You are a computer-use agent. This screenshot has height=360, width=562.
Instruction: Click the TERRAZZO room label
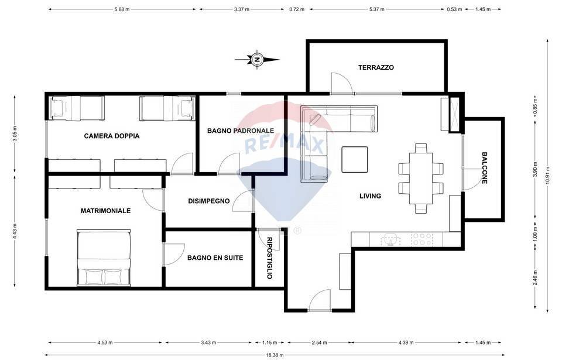[x=376, y=67]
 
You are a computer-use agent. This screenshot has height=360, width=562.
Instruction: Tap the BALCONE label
[x=485, y=168]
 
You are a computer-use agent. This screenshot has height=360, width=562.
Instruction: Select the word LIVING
[x=370, y=196]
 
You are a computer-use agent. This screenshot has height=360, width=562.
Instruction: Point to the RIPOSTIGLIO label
[x=269, y=258]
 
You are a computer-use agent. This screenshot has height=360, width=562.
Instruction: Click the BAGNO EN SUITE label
[x=215, y=258]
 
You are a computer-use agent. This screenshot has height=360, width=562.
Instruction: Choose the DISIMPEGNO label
[x=208, y=201]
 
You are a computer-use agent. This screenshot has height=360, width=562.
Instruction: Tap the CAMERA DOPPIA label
[x=112, y=136]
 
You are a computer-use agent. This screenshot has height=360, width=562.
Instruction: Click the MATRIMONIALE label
[x=105, y=211]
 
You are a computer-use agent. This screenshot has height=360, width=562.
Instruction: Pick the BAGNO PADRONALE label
[x=241, y=131]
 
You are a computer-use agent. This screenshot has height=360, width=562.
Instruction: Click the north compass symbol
[x=257, y=59]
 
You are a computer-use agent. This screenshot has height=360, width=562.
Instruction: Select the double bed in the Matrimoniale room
[x=104, y=258]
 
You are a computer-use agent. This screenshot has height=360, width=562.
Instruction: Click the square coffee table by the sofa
[x=354, y=159]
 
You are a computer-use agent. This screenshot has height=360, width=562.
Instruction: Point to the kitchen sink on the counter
[x=390, y=239]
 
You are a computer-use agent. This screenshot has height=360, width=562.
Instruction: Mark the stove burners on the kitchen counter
[x=422, y=239]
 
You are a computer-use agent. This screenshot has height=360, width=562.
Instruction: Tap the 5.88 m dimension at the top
[x=122, y=9]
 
